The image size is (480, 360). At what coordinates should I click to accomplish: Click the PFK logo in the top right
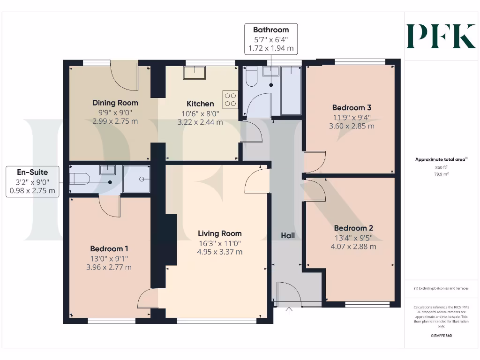(x=441, y=37)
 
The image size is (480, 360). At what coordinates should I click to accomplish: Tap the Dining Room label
(x=115, y=103)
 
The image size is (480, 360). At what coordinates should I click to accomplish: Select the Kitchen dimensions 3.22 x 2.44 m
(x=200, y=122)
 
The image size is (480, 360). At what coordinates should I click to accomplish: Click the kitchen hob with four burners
(x=231, y=99)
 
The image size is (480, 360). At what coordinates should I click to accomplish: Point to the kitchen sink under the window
(x=195, y=73)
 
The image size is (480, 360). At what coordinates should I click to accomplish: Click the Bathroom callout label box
(x=271, y=39)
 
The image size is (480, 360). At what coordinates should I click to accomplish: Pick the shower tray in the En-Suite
(x=136, y=179)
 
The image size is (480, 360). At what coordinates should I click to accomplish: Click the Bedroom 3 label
(x=352, y=107)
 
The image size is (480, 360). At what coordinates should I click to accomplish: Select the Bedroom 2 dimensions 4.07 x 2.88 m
(x=353, y=247)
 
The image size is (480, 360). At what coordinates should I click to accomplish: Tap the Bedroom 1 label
(x=109, y=248)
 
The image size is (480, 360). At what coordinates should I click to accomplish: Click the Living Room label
(x=220, y=233)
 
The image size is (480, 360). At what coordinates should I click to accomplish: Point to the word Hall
(x=288, y=235)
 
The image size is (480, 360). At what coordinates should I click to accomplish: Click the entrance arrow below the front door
(x=289, y=310)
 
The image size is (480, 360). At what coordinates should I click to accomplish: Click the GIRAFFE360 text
(x=441, y=336)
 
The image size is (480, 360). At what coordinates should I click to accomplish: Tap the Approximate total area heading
(x=441, y=160)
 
